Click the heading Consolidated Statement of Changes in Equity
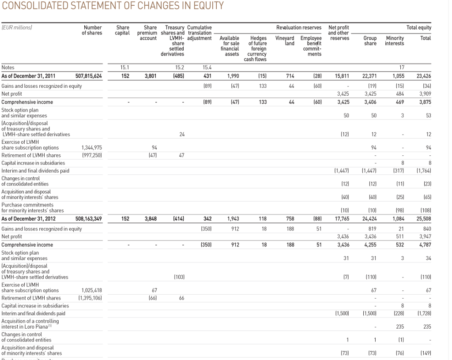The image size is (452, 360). point(113,6)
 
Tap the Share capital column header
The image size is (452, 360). point(123,30)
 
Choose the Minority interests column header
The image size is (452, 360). point(395,41)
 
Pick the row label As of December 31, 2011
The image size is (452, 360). point(29,76)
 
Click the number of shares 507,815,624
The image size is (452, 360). point(88,76)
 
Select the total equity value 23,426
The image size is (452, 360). point(423,76)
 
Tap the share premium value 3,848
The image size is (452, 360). point(151,218)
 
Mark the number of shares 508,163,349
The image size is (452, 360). point(88,218)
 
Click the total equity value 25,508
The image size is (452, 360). point(423,218)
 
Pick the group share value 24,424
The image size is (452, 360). point(369,218)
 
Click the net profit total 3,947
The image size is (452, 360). point(424,237)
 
